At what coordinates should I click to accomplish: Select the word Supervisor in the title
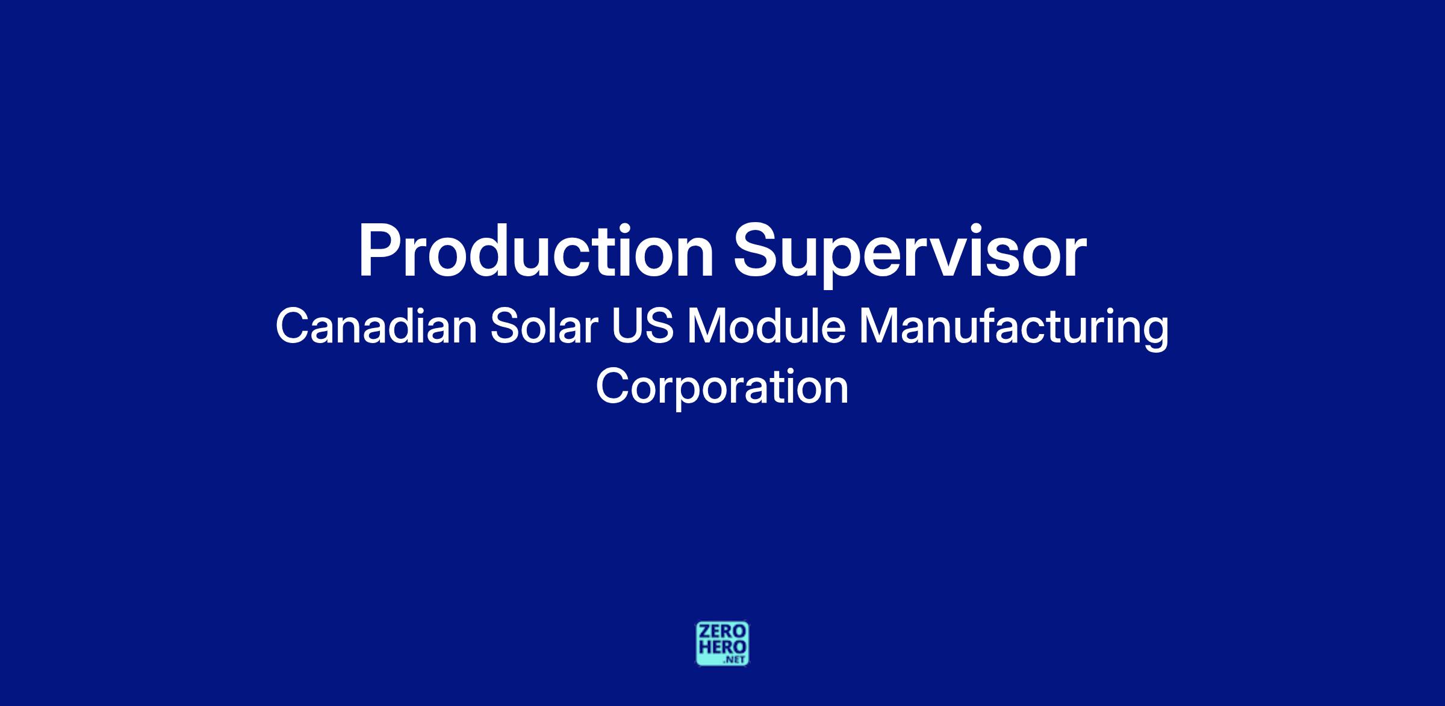910,256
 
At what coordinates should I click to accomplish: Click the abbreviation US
642,327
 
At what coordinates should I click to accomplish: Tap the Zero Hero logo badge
722,643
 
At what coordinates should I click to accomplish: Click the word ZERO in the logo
722,631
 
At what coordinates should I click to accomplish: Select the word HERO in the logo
722,646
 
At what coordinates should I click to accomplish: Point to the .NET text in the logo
735,660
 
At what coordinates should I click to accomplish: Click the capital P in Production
378,252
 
